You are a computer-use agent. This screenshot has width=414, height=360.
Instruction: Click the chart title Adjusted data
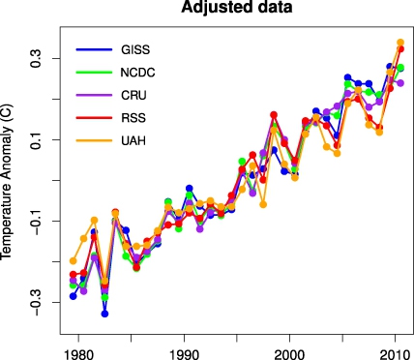coord(237,7)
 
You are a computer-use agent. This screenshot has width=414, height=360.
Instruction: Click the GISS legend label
coord(135,49)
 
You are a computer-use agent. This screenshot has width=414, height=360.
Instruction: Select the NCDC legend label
coord(137,73)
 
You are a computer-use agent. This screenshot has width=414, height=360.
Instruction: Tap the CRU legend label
coord(133,96)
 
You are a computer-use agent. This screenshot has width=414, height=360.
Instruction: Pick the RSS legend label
coord(133,118)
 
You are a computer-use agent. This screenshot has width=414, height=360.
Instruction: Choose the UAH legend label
coord(133,141)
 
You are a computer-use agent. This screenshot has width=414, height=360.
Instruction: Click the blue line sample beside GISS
coord(94,49)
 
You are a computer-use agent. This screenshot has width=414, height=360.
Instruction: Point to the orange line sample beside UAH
coord(94,140)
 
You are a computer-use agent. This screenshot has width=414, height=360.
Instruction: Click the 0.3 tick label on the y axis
coord(36,58)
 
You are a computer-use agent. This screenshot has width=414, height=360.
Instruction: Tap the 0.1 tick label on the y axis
coord(36,139)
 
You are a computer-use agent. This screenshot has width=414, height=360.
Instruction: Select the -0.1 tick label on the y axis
coord(36,221)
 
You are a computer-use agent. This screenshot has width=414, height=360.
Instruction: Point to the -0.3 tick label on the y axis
coord(36,302)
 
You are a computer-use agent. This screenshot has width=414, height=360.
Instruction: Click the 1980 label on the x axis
coord(78,355)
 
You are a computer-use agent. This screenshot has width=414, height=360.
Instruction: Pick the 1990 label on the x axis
coord(184,355)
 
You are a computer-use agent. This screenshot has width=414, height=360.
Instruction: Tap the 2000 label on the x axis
coord(289,355)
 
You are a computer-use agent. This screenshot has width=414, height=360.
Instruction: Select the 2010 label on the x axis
coord(395,355)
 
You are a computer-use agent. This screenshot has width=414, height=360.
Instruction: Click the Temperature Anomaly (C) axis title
coord(7,181)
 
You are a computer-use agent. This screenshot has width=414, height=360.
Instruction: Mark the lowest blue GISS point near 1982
coord(104,314)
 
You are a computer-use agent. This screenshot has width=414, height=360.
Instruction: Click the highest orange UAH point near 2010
coord(400,43)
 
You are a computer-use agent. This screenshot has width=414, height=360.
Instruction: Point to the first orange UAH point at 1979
coord(74,260)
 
